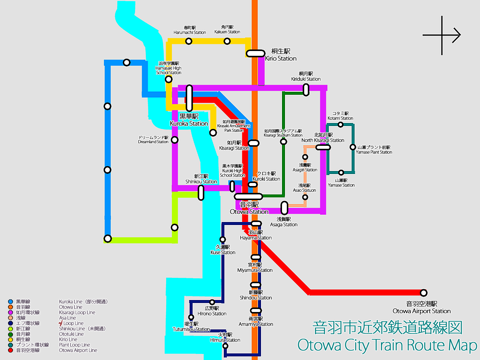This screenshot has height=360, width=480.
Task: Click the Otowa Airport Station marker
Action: [424, 292]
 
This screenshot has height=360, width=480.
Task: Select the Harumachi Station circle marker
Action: [189, 41]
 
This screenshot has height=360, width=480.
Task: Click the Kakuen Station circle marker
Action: [227, 41]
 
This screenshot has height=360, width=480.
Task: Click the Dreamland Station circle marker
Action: [175, 140]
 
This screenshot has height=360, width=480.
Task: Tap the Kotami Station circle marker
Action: [340, 124]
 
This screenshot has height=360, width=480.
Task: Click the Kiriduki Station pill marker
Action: [306, 90]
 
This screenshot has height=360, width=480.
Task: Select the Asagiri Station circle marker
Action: [305, 157]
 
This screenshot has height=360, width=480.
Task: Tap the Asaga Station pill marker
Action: [284, 208]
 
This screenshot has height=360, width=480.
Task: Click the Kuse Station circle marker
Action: [223, 239]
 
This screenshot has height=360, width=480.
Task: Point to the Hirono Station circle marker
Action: [212, 302]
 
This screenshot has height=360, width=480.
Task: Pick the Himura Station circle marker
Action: [225, 346]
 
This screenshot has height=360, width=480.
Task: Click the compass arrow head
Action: [457, 35]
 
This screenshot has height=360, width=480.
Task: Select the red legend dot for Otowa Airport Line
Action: [10, 350]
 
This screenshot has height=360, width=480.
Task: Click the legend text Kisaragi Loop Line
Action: [77, 312]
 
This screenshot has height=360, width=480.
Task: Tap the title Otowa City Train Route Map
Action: [387, 345]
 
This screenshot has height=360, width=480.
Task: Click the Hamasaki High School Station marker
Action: [169, 79]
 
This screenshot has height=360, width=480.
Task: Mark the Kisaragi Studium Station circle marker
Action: [283, 142]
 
